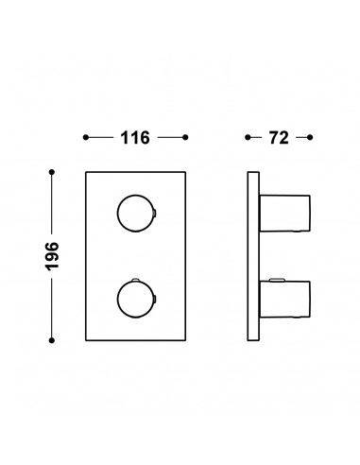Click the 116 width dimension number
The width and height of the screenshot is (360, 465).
pos(135,138)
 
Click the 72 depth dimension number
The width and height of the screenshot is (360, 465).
pos(279,138)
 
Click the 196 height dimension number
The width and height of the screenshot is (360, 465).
pos(52,256)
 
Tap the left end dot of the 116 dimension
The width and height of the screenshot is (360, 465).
pos(86,137)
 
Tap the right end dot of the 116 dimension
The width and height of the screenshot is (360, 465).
pos(185,137)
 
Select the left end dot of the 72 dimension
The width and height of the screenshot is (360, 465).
pos(248,137)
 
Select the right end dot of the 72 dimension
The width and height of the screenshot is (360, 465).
pos(310,137)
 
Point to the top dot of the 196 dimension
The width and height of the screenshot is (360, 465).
pos(52,172)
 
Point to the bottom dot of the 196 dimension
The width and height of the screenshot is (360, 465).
pos(52,340)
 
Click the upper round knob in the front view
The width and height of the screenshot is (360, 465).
pos(117,214)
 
